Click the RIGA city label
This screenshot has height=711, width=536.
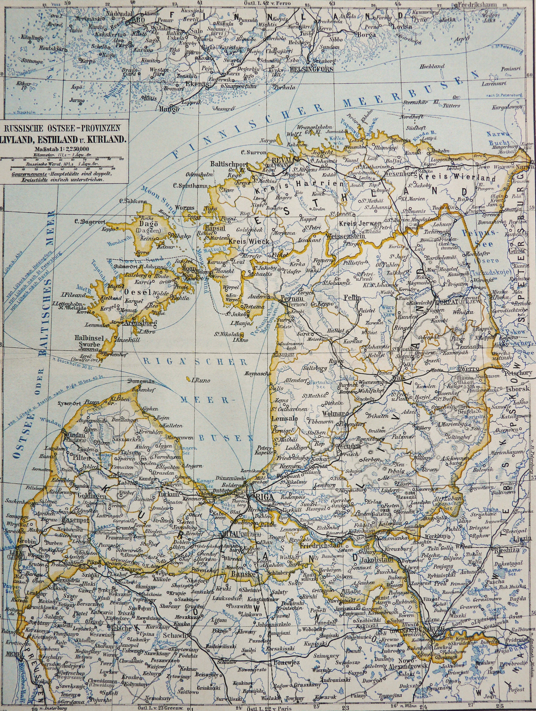pos(264,497)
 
